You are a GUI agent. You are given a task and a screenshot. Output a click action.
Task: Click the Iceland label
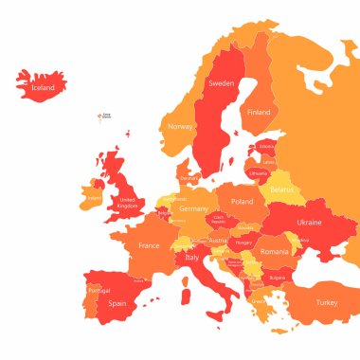pyautogui.click(x=44, y=87)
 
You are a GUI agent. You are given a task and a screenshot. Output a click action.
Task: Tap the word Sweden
pyautogui.click(x=221, y=83)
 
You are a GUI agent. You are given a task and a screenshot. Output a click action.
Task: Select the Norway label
pyautogui.click(x=180, y=126)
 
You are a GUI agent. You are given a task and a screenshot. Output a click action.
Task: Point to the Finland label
pyautogui.click(x=258, y=112)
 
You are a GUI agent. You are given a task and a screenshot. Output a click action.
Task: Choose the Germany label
pyautogui.click(x=193, y=208)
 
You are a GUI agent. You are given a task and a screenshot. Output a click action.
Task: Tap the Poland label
pyautogui.click(x=243, y=202)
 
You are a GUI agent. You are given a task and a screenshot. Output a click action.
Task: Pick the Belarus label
pyautogui.click(x=281, y=189)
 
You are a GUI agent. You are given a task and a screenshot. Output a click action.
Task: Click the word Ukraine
pyautogui.click(x=309, y=222)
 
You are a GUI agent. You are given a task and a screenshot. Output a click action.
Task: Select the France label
pyautogui.click(x=149, y=245)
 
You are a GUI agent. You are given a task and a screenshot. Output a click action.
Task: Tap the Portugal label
pyautogui.click(x=99, y=290)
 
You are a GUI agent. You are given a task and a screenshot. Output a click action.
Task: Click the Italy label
pyautogui.click(x=192, y=257)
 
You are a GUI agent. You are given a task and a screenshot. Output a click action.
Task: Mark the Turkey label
pyautogui.click(x=326, y=301)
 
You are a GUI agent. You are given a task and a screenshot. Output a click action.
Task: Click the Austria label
pyautogui.click(x=218, y=241)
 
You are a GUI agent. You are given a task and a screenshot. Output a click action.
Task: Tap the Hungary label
pyautogui.click(x=243, y=243)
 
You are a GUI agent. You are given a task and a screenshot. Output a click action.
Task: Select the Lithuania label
pyautogui.click(x=258, y=173)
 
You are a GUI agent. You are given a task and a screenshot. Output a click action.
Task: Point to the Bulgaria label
pyautogui.click(x=277, y=278)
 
